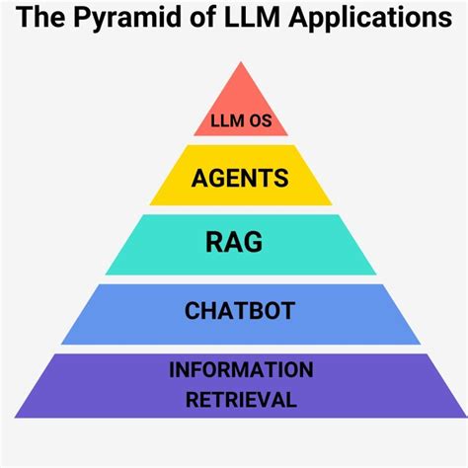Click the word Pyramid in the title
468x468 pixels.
(x=127, y=20)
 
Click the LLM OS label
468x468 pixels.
(x=240, y=124)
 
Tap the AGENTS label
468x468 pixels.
(x=240, y=179)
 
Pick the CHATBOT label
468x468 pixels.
(x=240, y=311)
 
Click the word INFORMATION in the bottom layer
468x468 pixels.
(x=240, y=370)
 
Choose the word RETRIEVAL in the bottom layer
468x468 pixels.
(x=240, y=399)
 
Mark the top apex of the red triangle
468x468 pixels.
(x=240, y=62)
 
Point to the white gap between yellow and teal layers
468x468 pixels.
(x=240, y=210)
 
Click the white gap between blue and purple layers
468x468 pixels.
(x=240, y=349)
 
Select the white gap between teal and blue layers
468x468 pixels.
(x=240, y=279)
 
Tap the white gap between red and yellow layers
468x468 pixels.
(x=240, y=141)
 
